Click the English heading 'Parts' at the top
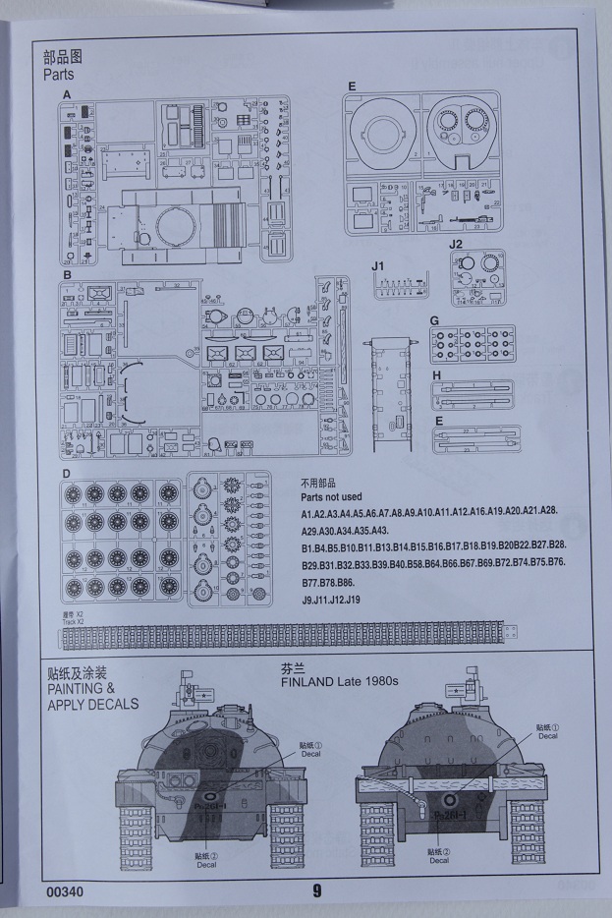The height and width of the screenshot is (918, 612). click(x=58, y=74)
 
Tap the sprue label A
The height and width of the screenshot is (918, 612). click(x=67, y=94)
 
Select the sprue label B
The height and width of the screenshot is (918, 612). click(x=67, y=276)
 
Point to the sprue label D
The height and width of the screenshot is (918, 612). click(x=67, y=474)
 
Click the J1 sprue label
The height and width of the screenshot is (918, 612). click(x=380, y=266)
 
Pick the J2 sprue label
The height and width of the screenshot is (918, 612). click(x=455, y=244)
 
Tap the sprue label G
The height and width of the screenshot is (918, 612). click(x=434, y=320)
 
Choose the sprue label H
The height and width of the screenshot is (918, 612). click(x=434, y=375)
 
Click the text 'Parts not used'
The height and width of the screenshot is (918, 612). click(x=331, y=496)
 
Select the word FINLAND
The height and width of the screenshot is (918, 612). click(x=310, y=681)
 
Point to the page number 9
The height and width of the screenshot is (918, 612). click(x=317, y=891)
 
